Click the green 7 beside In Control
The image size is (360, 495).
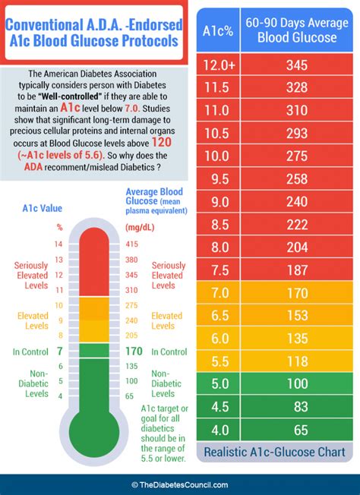59,352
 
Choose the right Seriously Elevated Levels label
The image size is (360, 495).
167,275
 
